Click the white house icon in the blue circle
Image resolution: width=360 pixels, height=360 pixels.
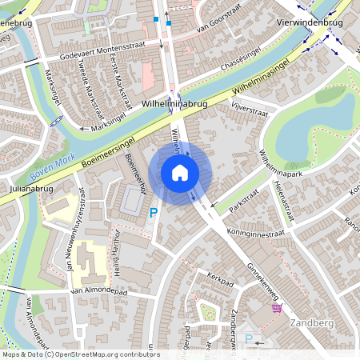(180, 173)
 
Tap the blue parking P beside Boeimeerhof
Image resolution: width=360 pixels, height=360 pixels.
(154, 213)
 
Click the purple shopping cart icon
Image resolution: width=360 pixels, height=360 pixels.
(277, 308)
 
